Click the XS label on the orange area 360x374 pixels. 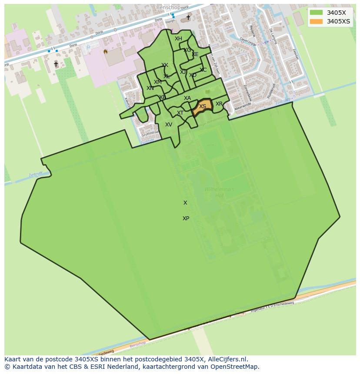click(x=203, y=106)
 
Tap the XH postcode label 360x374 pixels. click(x=178, y=39)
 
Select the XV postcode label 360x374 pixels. click(x=169, y=125)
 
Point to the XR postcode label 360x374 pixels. click(x=219, y=104)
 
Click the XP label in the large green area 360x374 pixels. click(x=186, y=218)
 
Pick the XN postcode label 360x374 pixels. click(x=150, y=88)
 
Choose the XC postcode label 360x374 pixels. click(x=203, y=70)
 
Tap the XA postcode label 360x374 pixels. click(x=187, y=98)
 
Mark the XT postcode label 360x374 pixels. click(x=180, y=113)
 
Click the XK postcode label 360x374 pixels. click(x=165, y=65)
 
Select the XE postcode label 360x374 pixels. click(x=195, y=54)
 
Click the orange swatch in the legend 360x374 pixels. click(x=317, y=21)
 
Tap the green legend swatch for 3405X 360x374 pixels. click(x=317, y=13)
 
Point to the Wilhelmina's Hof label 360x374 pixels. click(x=219, y=192)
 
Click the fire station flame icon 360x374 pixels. click(x=105, y=51)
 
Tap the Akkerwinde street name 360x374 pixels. click(x=243, y=107)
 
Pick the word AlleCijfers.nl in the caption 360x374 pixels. click(x=227, y=359)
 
